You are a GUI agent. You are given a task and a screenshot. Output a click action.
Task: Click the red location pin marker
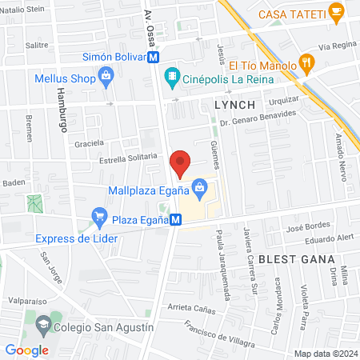[x=181, y=163]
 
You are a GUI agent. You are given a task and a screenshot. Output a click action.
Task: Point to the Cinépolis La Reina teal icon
[x=170, y=77]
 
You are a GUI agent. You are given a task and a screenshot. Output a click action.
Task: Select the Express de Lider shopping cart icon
[x=99, y=215]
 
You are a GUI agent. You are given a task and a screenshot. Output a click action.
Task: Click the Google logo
[x=26, y=350]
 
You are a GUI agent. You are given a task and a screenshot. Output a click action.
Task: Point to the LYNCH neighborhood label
[x=234, y=105]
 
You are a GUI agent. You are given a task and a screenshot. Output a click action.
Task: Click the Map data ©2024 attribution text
[x=323, y=353]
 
